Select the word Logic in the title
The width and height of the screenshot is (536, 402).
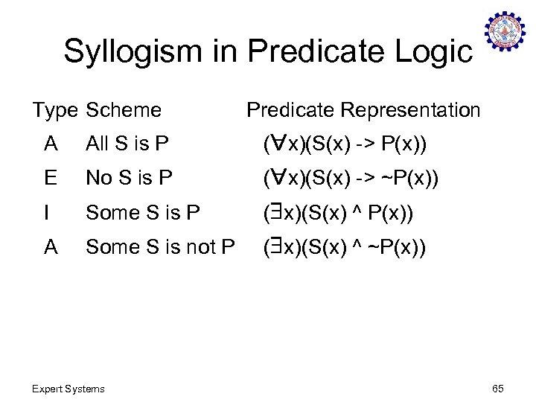434,52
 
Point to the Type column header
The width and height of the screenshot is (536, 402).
55,110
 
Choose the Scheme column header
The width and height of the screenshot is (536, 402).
124,110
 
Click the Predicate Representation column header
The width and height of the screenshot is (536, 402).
363,110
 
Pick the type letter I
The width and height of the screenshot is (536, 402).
46,213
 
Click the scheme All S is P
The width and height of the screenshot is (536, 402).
127,144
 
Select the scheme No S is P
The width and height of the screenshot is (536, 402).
130,178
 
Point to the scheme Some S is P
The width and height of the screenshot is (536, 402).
143,213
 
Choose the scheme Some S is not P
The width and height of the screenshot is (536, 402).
161,247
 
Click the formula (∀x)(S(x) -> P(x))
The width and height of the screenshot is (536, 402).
345,144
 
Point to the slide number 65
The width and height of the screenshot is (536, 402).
498,389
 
